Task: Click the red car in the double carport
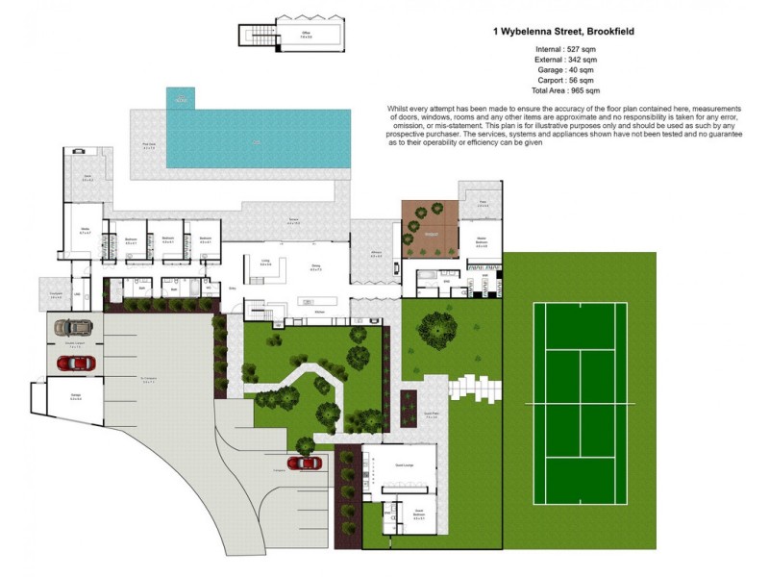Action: click(75, 363)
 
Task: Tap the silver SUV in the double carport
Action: click(73, 326)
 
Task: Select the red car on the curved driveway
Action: click(306, 463)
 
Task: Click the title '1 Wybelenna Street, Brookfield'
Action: click(562, 32)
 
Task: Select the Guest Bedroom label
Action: click(418, 514)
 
